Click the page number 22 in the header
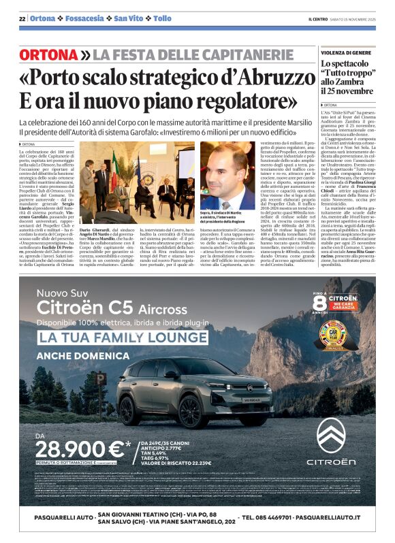coord(22,18)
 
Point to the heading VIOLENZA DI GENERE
coord(346,52)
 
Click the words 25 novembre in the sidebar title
coord(347,91)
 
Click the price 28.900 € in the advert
coord(80,448)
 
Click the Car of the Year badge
coord(332,332)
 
